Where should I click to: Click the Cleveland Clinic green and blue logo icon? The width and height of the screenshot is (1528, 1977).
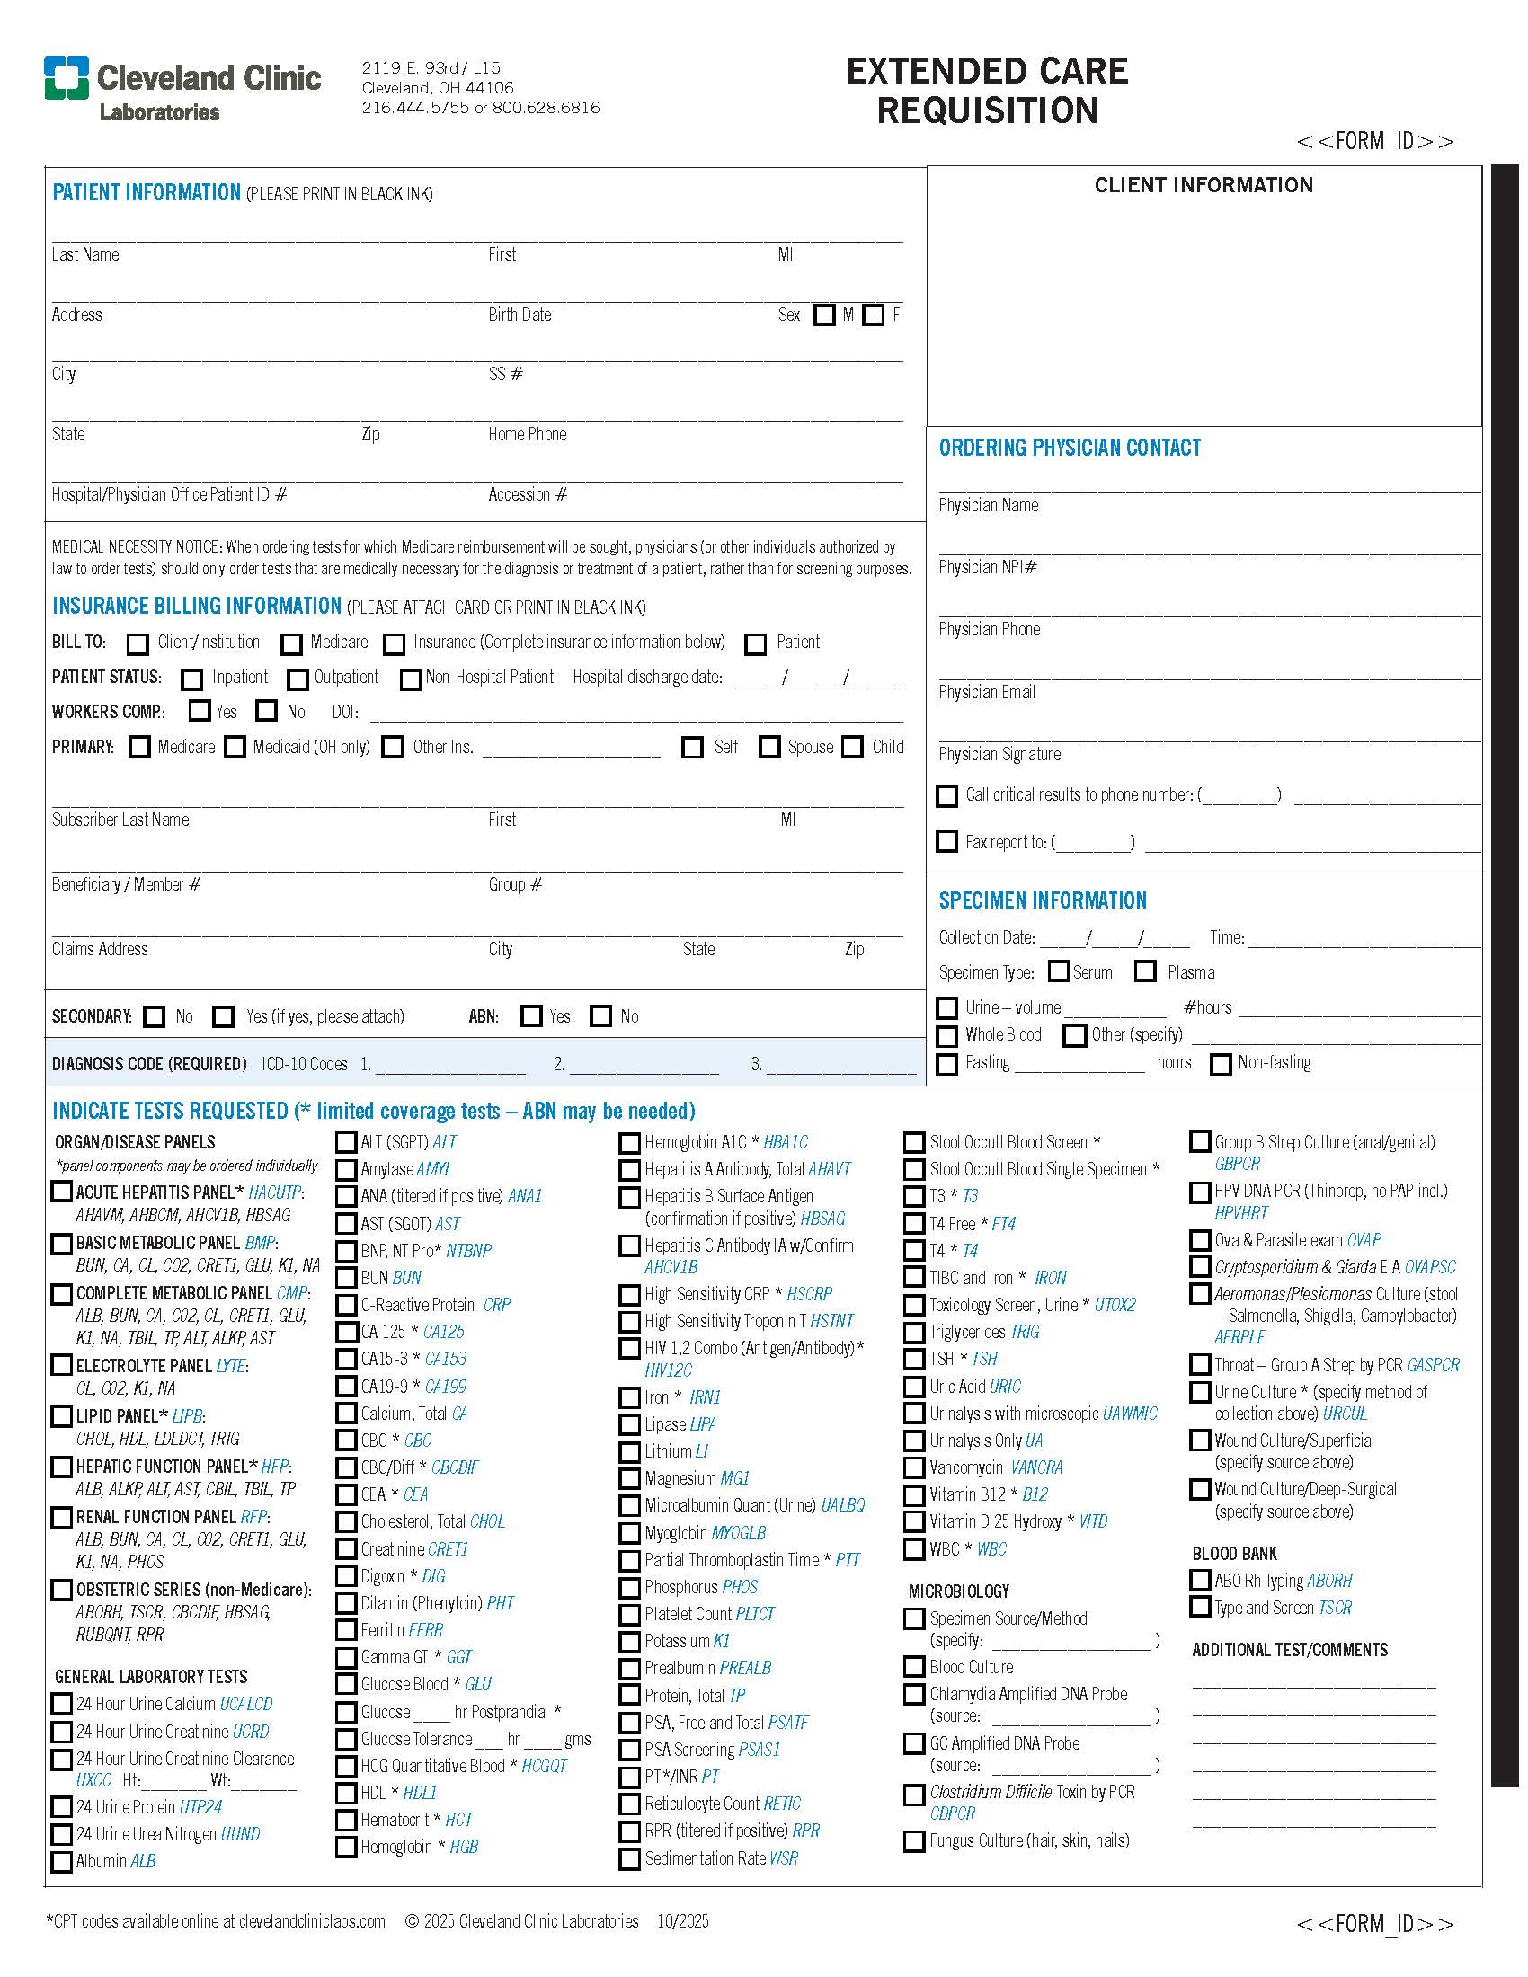click(x=67, y=77)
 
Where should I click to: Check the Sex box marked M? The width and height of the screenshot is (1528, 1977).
click(x=823, y=315)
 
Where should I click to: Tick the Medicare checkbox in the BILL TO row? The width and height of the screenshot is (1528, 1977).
click(x=291, y=643)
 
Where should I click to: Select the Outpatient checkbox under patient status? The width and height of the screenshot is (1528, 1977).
click(x=298, y=678)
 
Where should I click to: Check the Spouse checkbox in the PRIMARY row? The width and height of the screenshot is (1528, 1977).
click(x=769, y=747)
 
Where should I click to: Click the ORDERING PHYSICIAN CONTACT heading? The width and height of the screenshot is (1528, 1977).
click(x=1069, y=448)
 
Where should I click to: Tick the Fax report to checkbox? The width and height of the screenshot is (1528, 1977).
click(x=946, y=842)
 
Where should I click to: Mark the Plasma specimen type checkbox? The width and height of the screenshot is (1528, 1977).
click(x=1146, y=971)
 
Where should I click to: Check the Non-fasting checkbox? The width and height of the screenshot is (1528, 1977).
click(x=1222, y=1064)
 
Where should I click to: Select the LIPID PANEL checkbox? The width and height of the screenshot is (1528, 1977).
click(x=61, y=1415)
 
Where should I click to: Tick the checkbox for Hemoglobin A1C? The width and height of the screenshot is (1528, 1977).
click(x=629, y=1143)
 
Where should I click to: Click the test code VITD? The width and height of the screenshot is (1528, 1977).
click(x=1094, y=1521)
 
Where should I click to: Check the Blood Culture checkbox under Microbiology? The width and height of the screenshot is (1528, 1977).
click(x=914, y=1666)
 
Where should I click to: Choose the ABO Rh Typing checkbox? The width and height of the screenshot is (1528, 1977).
click(x=1200, y=1581)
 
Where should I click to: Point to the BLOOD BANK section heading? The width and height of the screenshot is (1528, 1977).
click(x=1234, y=1554)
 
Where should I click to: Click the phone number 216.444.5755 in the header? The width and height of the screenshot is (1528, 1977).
click(x=415, y=108)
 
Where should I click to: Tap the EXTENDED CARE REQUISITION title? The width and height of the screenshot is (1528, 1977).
click(x=987, y=91)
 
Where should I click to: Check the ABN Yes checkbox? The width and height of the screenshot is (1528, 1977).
click(x=531, y=1015)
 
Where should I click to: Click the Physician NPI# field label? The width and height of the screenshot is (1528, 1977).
click(x=988, y=568)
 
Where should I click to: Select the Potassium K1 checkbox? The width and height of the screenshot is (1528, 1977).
click(x=629, y=1641)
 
